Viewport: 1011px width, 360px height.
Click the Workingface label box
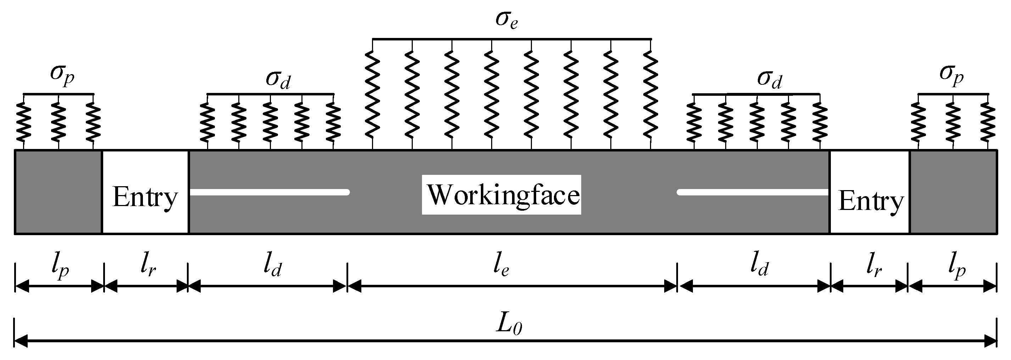(x=501, y=195)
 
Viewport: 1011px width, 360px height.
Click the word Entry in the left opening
(x=145, y=198)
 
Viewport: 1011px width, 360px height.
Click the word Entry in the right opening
(x=871, y=201)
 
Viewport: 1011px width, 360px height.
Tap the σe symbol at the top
(x=506, y=21)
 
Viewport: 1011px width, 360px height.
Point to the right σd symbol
(x=769, y=80)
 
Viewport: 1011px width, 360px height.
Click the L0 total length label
(x=509, y=325)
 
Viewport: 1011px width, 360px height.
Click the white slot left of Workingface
(x=269, y=192)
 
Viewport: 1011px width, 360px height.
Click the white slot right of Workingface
(x=753, y=192)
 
